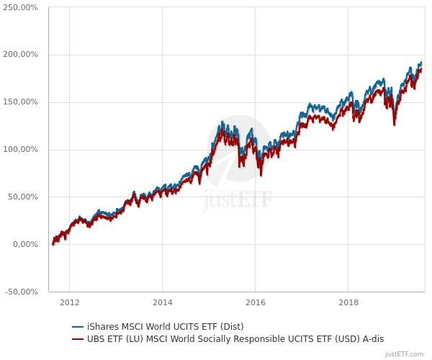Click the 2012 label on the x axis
click(x=69, y=302)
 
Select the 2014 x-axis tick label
click(x=163, y=302)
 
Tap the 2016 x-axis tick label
click(x=256, y=302)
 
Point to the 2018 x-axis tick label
click(x=348, y=302)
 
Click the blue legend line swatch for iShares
click(x=78, y=326)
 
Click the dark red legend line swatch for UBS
click(x=78, y=338)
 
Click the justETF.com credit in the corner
click(x=405, y=354)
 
